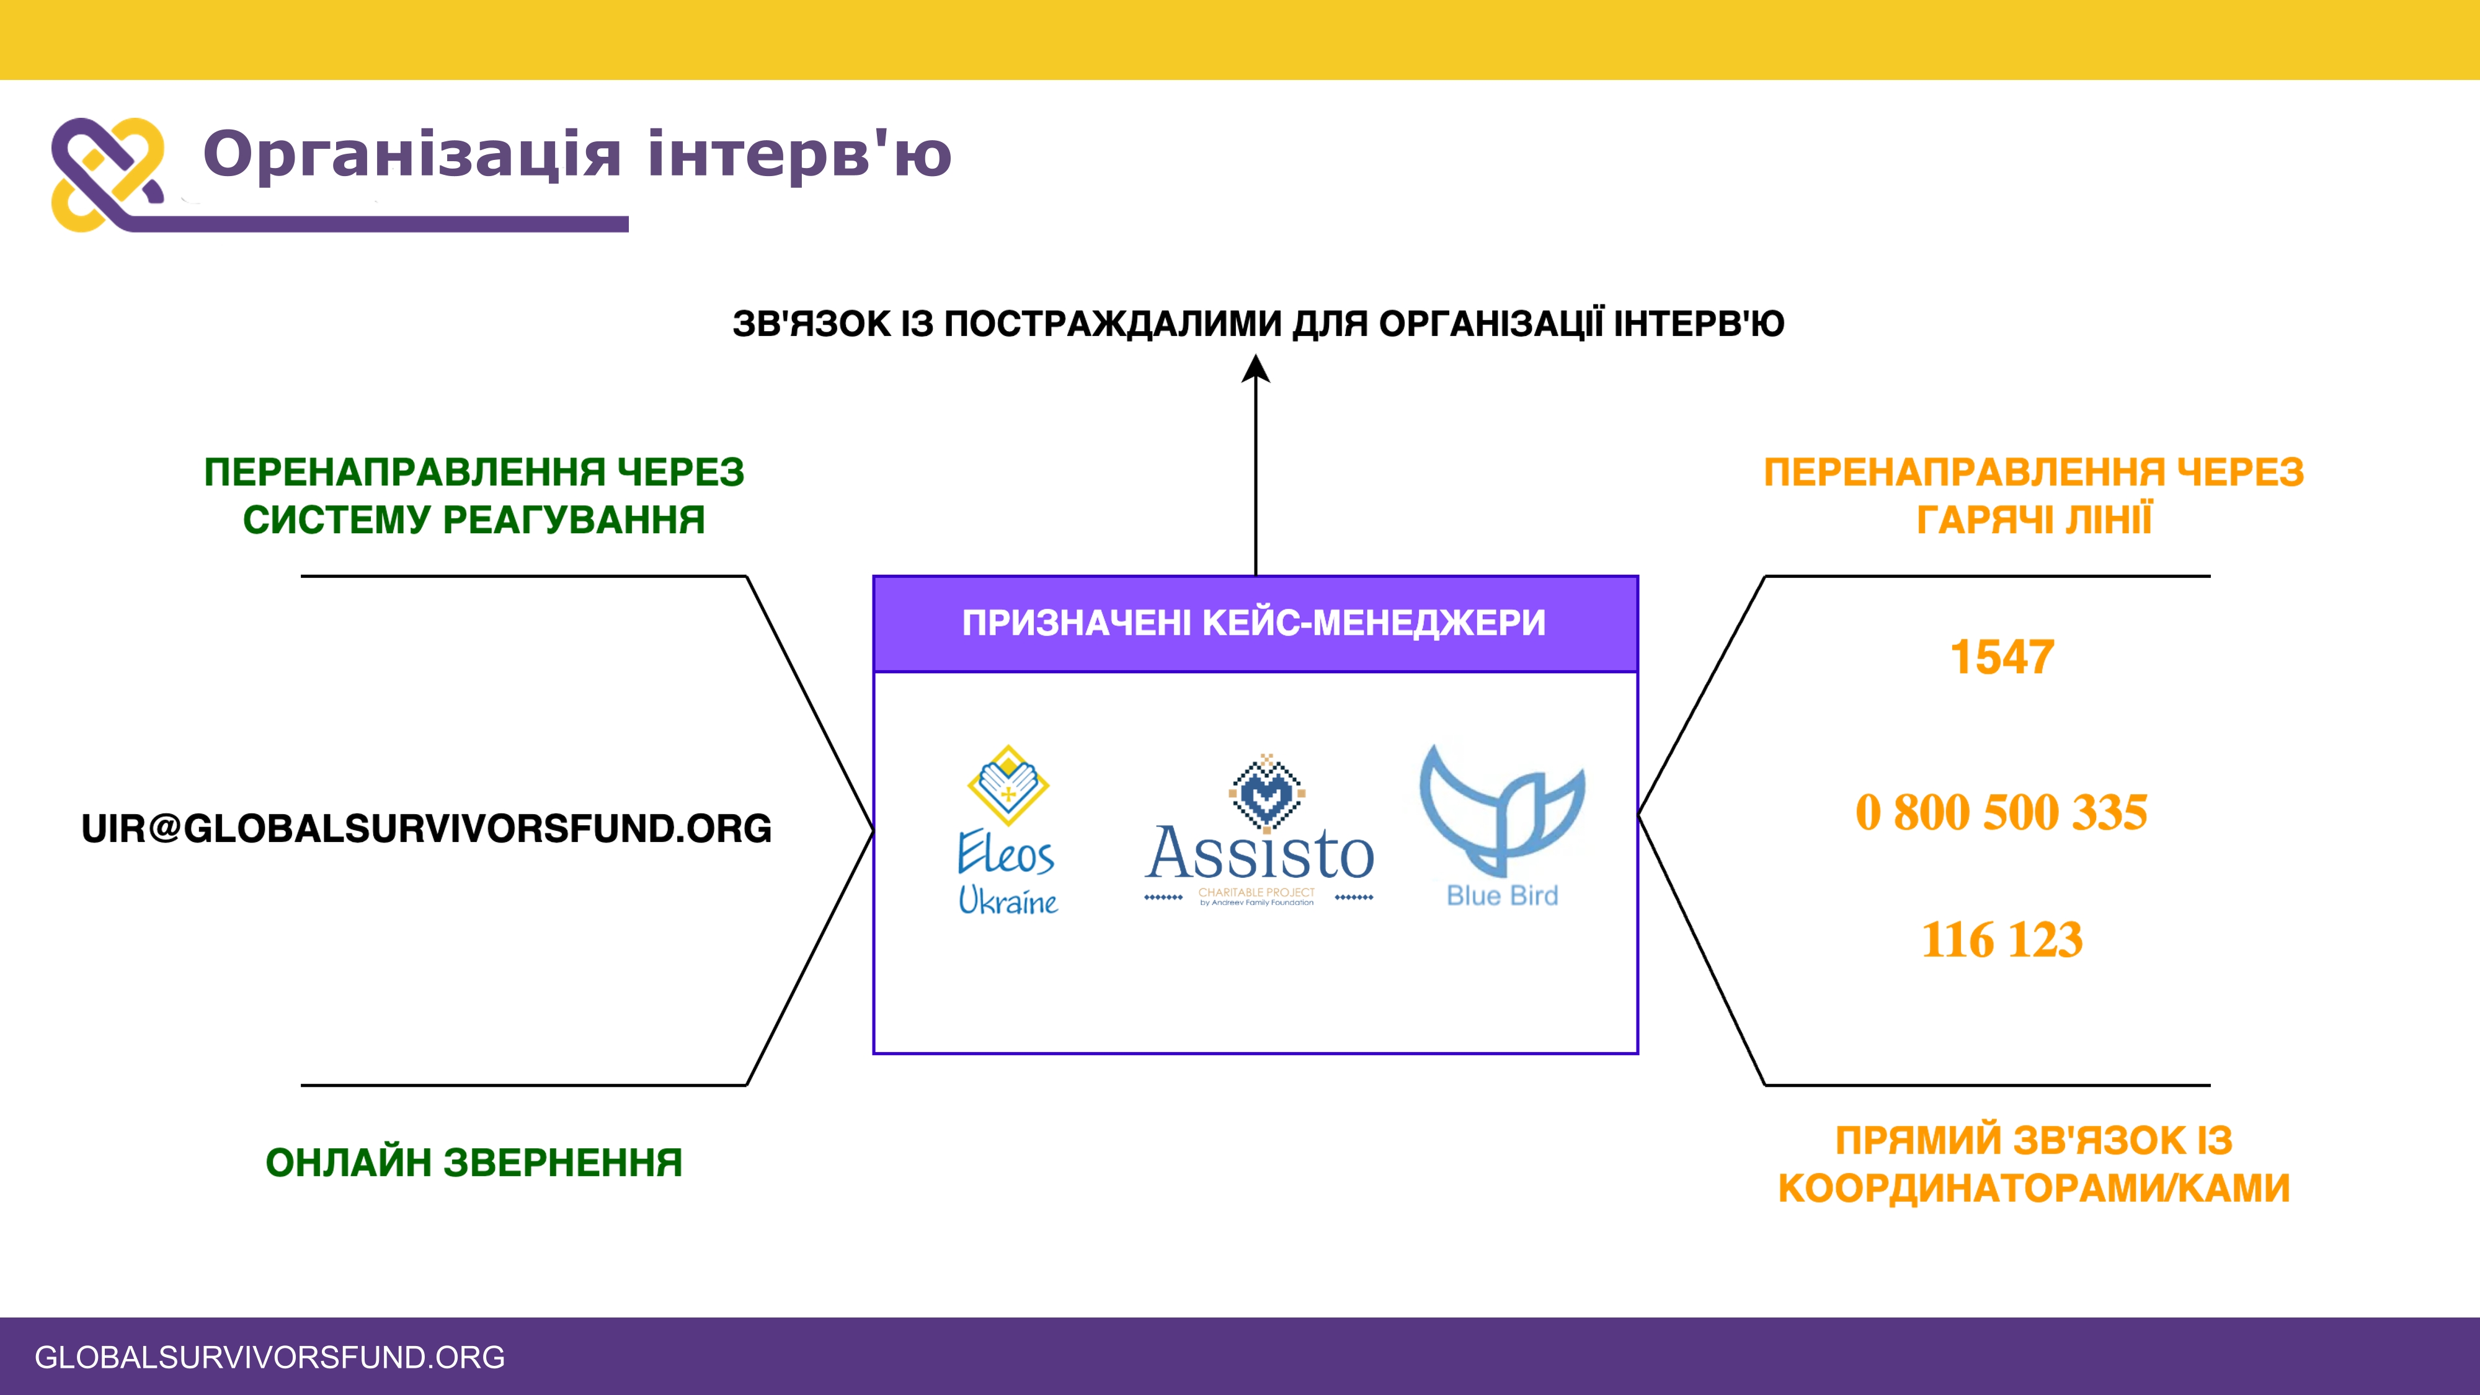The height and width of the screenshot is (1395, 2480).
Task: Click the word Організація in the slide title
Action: tap(412, 154)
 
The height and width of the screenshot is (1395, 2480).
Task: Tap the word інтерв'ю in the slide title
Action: tap(799, 154)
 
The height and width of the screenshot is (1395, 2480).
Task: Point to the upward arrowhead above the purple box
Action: tap(1255, 370)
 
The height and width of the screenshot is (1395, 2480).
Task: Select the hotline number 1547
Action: tap(2001, 658)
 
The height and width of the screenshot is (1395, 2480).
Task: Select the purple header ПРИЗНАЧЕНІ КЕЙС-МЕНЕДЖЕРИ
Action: tap(1255, 623)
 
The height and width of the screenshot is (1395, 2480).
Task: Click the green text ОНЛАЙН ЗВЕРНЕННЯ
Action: tap(474, 1162)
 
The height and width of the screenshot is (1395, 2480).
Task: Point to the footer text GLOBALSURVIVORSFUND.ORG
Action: tap(270, 1357)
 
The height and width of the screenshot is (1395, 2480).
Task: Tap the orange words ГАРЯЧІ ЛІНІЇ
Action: tap(2033, 520)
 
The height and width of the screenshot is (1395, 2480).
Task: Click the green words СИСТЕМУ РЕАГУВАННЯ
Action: tap(474, 520)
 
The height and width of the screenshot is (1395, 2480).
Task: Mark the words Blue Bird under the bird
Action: tap(1502, 895)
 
